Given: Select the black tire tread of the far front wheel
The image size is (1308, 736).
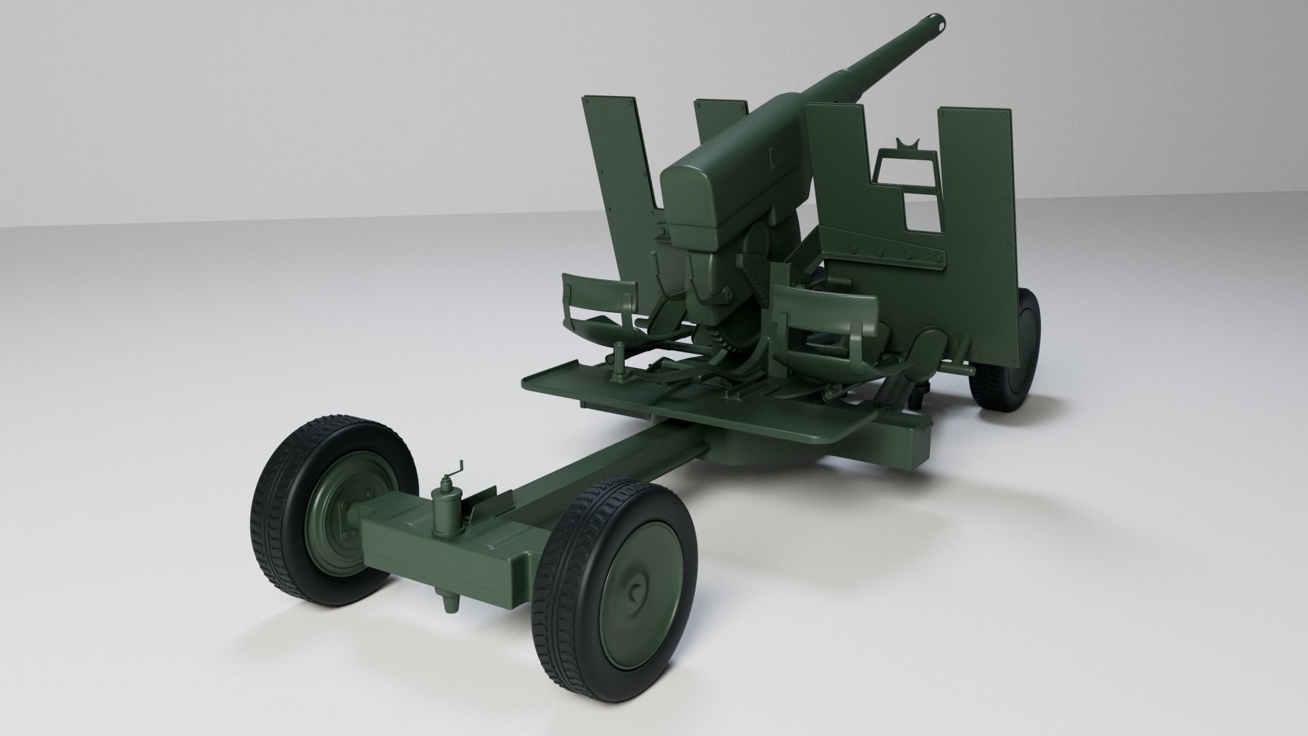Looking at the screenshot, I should click(x=272, y=518).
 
